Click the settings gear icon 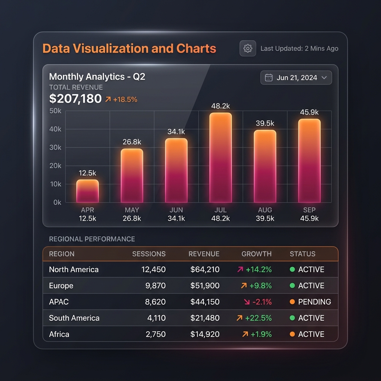(x=247, y=48)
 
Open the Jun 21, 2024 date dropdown (x=296, y=77)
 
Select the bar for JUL (x=221, y=157)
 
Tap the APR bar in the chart (x=87, y=191)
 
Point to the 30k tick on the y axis (x=55, y=147)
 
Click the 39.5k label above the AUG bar (x=265, y=123)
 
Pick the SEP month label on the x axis (x=309, y=210)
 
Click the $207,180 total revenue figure (x=75, y=99)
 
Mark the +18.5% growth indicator (x=121, y=99)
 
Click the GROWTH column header (x=256, y=254)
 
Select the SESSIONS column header (x=149, y=254)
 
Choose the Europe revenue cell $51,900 (x=205, y=285)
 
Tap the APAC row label (x=59, y=302)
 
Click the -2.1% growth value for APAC (x=262, y=302)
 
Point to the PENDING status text (x=314, y=302)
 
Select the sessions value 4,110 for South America (x=157, y=318)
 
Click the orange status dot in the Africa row (x=292, y=334)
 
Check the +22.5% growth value (x=258, y=318)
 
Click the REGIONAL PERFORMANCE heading (x=92, y=239)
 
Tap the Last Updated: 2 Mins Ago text (x=300, y=49)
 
